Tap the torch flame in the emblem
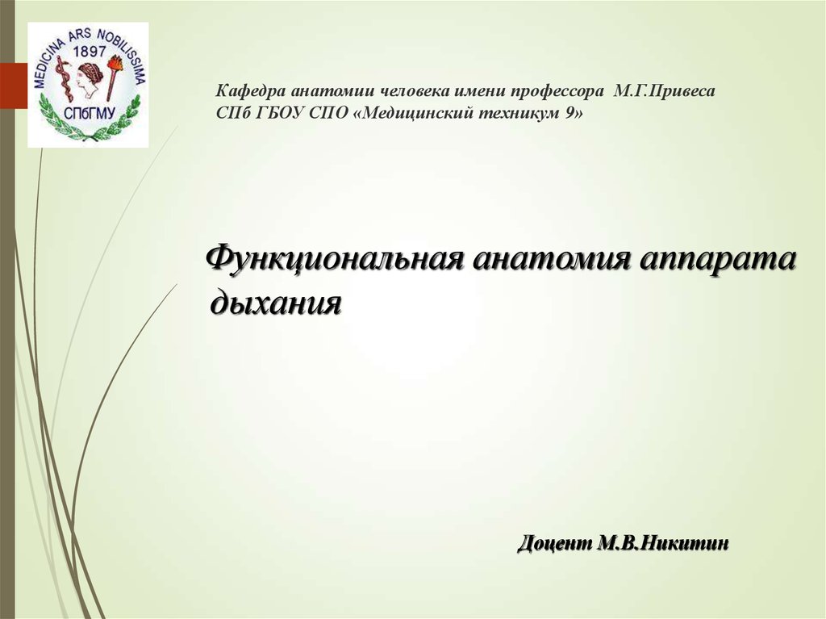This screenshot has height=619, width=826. pyautogui.click(x=116, y=64)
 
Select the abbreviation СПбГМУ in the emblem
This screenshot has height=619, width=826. pyautogui.click(x=87, y=112)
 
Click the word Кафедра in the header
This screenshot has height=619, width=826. pyautogui.click(x=250, y=91)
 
